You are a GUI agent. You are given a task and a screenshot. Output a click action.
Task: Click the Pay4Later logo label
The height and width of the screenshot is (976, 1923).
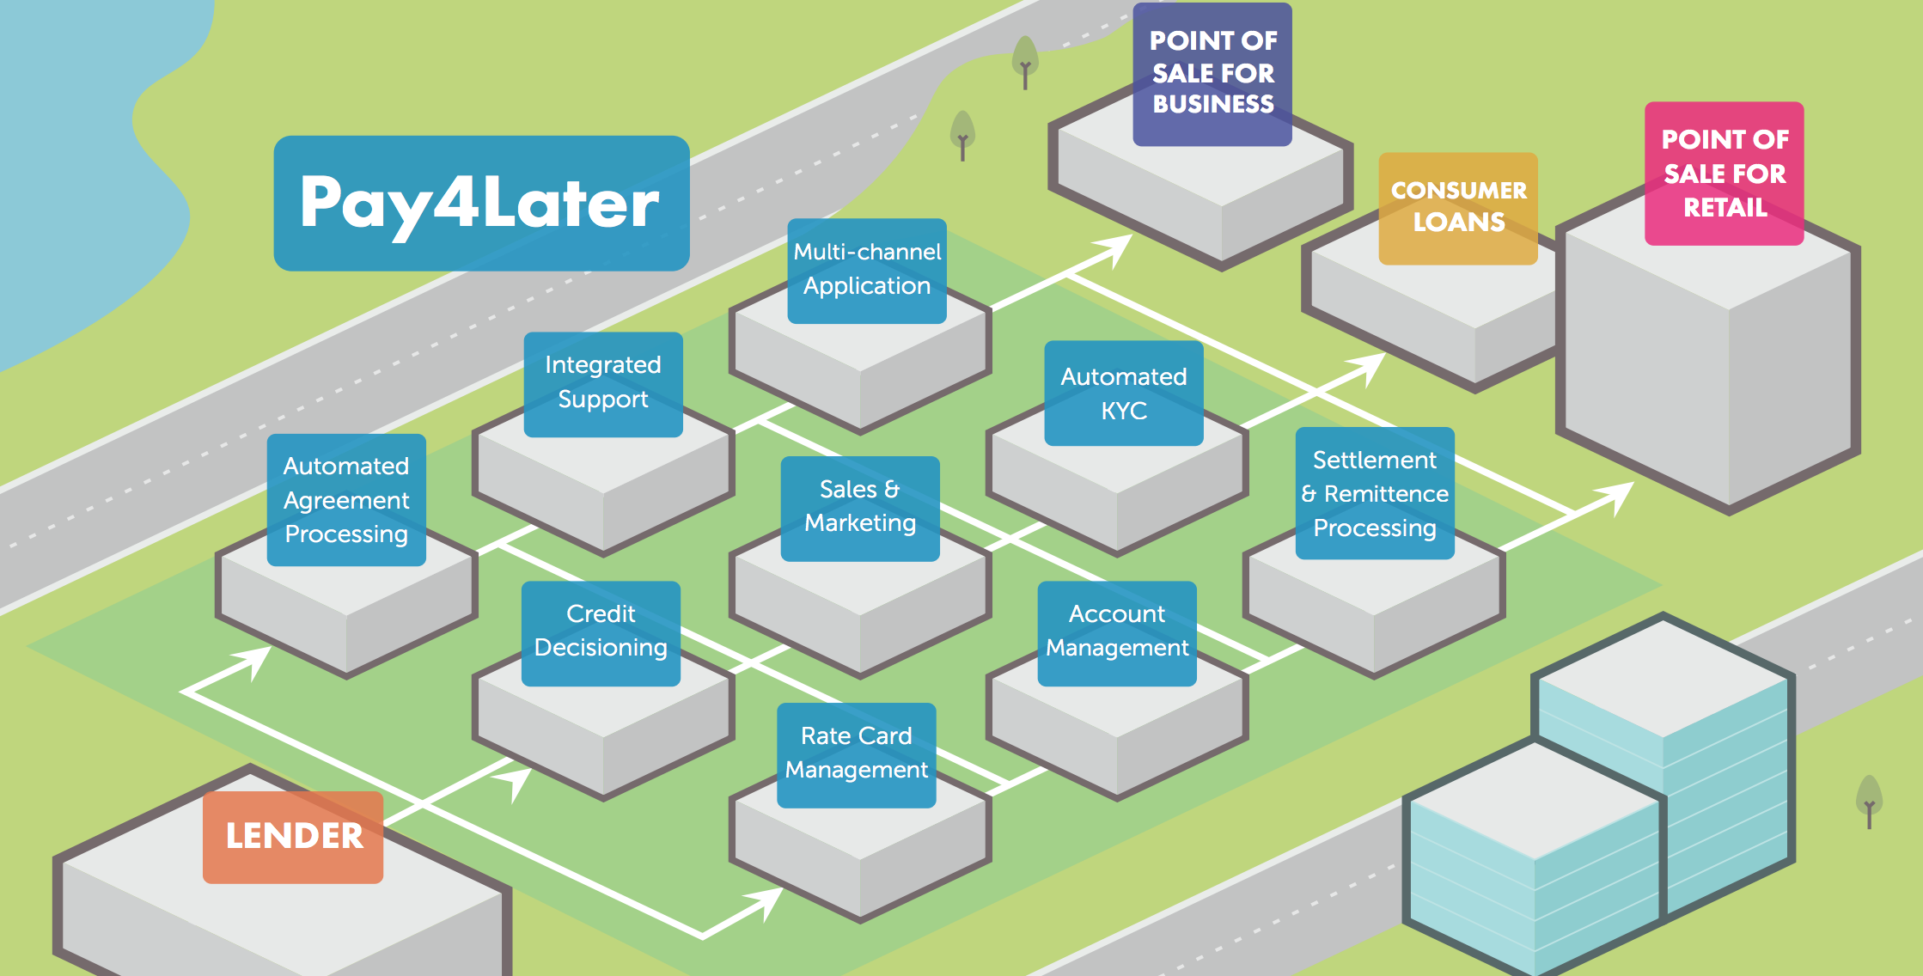[x=481, y=203]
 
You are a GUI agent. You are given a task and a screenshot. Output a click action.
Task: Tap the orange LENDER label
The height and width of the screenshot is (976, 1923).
[x=293, y=837]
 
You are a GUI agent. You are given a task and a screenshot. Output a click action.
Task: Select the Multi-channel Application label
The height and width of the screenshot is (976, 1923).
[x=867, y=270]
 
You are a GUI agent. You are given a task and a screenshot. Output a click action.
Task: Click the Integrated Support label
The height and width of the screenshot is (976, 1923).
[x=603, y=383]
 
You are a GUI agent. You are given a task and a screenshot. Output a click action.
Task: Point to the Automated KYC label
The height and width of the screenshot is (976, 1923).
[x=1123, y=393]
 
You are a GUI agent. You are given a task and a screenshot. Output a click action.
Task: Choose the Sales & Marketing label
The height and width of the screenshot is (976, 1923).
[x=860, y=508]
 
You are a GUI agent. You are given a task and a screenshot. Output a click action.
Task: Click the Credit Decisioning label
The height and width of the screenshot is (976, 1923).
[x=601, y=632]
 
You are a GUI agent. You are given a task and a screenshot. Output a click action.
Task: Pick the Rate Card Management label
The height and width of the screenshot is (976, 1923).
[x=857, y=754]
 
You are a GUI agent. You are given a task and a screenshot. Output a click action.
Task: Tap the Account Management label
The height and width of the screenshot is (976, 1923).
[x=1117, y=632]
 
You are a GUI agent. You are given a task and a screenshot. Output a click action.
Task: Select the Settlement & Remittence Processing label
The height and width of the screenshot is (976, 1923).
[x=1375, y=493]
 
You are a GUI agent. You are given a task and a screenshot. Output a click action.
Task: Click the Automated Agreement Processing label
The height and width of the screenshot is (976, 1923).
[x=346, y=500]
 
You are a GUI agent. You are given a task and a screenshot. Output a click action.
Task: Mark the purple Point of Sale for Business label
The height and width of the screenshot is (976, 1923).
[x=1212, y=74]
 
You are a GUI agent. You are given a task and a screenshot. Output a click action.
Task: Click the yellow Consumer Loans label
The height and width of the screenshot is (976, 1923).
[x=1458, y=208]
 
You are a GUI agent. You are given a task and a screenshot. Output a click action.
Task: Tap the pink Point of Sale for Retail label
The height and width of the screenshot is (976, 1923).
[x=1724, y=174]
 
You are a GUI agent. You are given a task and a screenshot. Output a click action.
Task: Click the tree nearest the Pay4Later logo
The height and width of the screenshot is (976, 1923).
[x=962, y=134]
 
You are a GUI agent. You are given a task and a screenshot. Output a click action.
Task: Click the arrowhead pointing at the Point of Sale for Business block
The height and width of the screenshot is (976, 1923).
[x=1115, y=247]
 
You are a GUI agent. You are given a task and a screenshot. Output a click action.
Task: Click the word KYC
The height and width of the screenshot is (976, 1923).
[x=1124, y=412]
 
